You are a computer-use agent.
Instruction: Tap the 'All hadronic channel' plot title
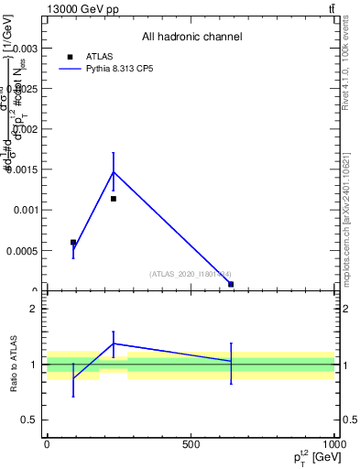(x=191, y=38)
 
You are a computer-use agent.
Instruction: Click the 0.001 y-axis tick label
(x=27, y=210)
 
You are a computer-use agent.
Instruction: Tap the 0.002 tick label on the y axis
(x=27, y=129)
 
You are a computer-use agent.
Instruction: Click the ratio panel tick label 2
(x=37, y=310)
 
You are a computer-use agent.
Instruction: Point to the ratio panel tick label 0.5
(x=33, y=420)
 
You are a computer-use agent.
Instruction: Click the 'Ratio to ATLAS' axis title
(x=15, y=365)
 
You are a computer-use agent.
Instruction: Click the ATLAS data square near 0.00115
(x=114, y=199)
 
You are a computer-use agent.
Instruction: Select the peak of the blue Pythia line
(x=114, y=171)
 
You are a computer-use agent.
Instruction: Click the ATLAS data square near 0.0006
(x=73, y=243)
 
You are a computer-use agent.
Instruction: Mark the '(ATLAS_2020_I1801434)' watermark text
(x=191, y=273)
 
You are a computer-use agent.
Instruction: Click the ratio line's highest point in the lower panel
(x=114, y=344)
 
